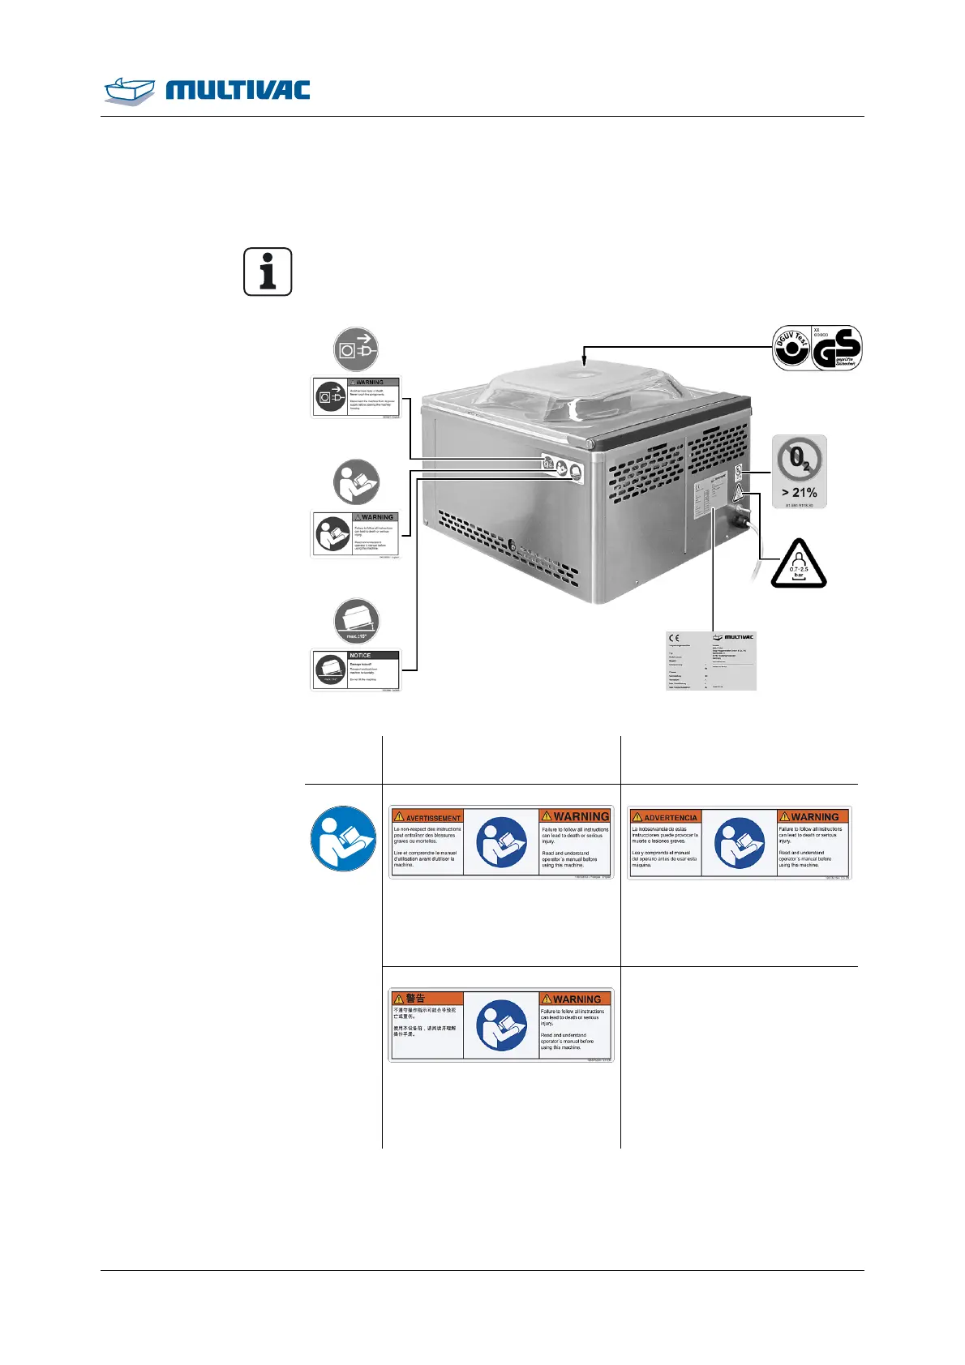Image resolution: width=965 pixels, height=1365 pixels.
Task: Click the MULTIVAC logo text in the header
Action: pyautogui.click(x=238, y=90)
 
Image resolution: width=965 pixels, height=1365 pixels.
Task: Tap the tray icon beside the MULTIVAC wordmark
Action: pyautogui.click(x=129, y=90)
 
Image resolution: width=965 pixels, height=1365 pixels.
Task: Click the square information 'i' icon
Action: pyautogui.click(x=268, y=272)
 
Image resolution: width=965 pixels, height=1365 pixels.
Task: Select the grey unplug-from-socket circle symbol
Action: pyautogui.click(x=356, y=349)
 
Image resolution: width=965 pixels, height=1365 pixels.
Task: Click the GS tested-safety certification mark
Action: pyautogui.click(x=837, y=348)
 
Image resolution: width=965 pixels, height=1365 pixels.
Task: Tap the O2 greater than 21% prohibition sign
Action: pyautogui.click(x=800, y=471)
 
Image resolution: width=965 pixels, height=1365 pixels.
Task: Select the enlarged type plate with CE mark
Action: pyautogui.click(x=710, y=661)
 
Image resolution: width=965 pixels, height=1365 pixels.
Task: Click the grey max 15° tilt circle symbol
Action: pyautogui.click(x=356, y=622)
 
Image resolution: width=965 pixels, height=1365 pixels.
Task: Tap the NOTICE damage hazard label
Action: pyautogui.click(x=356, y=670)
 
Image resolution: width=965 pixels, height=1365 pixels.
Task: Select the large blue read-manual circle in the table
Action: pyautogui.click(x=344, y=838)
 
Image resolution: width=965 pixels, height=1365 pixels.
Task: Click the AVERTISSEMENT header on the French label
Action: pyautogui.click(x=427, y=817)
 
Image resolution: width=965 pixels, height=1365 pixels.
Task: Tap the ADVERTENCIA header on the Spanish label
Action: pyautogui.click(x=664, y=817)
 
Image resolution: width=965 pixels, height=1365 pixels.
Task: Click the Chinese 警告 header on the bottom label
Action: pyautogui.click(x=410, y=998)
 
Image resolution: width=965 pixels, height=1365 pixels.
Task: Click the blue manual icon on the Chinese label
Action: pyautogui.click(x=502, y=1025)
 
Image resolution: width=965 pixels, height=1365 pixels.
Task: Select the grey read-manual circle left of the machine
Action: pyautogui.click(x=356, y=482)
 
